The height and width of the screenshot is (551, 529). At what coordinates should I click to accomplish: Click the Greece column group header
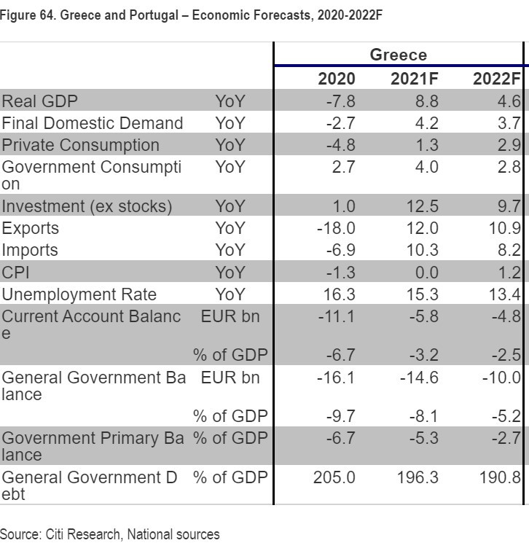tap(398, 55)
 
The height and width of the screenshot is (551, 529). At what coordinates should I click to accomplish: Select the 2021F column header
tap(415, 79)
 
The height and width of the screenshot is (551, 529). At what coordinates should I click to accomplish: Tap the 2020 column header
tap(337, 79)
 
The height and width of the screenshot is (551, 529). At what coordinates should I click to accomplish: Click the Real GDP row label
tap(39, 101)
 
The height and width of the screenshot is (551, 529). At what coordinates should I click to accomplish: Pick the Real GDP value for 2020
tap(340, 101)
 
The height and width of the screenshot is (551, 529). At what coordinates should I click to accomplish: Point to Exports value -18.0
tap(336, 228)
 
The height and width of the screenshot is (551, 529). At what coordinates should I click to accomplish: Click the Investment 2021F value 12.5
tap(419, 206)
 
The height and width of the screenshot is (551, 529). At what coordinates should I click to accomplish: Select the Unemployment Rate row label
tap(79, 294)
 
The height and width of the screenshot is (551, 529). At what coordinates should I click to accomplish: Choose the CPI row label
tap(15, 273)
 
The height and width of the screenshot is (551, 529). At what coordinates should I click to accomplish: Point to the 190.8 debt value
tap(501, 477)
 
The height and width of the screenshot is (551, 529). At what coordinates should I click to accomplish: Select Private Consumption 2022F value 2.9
tap(509, 144)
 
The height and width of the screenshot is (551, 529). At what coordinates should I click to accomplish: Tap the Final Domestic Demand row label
tap(92, 122)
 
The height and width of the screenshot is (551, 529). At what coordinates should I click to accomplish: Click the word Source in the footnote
tap(20, 534)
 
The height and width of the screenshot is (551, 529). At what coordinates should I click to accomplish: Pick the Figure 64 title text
tap(191, 15)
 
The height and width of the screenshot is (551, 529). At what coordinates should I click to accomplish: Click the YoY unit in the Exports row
tap(230, 228)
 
